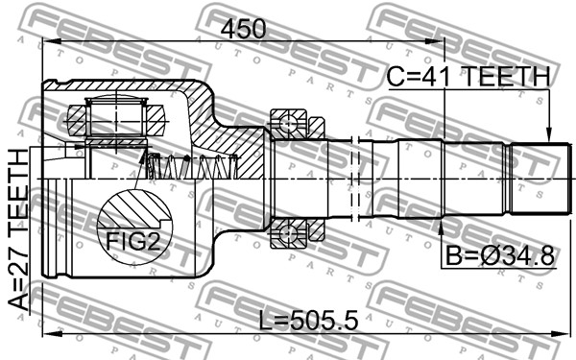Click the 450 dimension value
(x=243, y=29)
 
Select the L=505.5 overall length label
(x=308, y=320)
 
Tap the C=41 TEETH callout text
(x=469, y=76)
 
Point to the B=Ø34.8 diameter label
(x=499, y=255)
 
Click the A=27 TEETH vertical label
(x=18, y=229)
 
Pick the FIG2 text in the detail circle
(x=133, y=241)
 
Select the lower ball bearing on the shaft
(x=289, y=233)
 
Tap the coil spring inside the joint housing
(x=192, y=166)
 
